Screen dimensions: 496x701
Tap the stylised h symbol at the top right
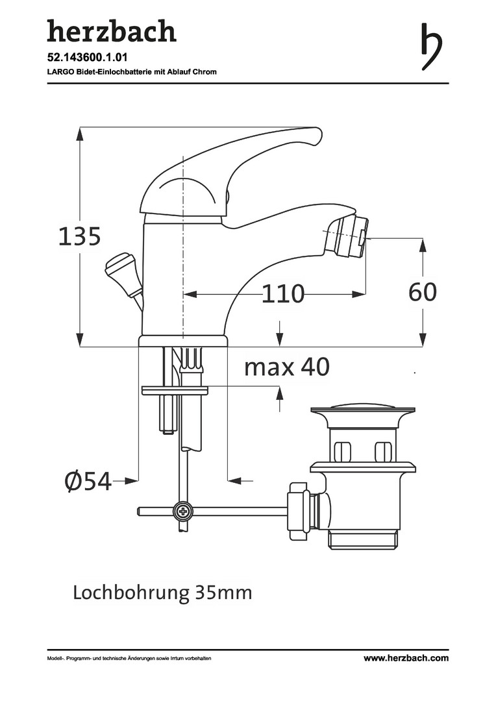431,47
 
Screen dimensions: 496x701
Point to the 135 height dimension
80,236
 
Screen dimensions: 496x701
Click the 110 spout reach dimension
282,294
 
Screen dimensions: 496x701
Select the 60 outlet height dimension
423,292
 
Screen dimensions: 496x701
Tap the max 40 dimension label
287,367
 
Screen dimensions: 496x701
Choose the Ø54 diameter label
88,481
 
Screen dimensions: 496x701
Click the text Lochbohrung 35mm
162,593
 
